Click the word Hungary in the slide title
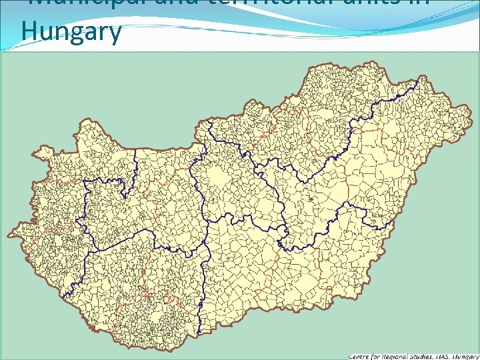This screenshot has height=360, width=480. pyautogui.click(x=71, y=31)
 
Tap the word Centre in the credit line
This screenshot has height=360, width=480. pyautogui.click(x=361, y=356)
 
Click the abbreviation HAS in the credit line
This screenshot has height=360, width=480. pyautogui.click(x=449, y=356)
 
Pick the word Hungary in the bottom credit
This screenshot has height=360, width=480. pyautogui.click(x=467, y=356)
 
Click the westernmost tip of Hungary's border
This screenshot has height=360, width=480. pyautogui.click(x=8, y=235)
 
